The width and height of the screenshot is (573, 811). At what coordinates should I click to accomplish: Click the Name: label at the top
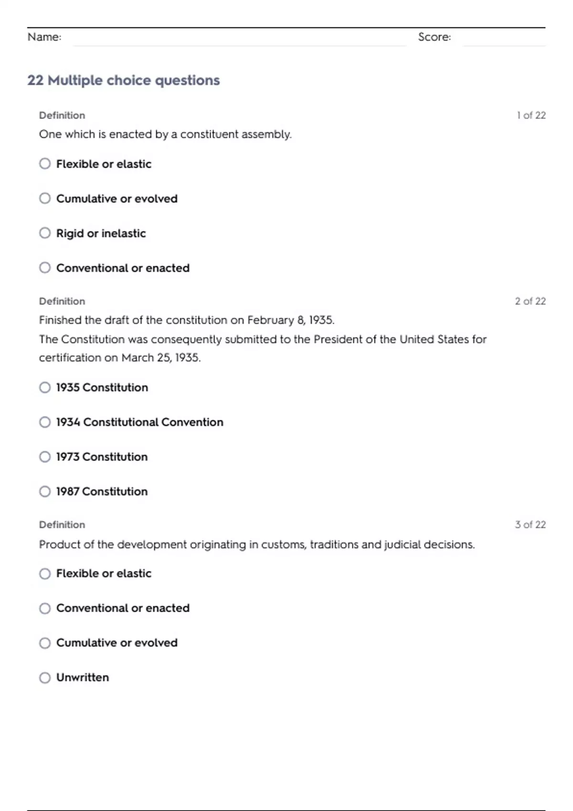[44, 37]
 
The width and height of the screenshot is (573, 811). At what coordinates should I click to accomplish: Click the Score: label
[434, 37]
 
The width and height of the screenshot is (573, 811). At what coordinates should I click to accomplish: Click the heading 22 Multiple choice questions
[124, 80]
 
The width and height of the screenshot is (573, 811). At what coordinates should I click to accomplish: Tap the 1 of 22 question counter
[531, 115]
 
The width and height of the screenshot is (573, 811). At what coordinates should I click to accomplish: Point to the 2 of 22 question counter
[530, 302]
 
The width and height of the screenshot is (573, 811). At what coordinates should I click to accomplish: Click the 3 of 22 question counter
[530, 525]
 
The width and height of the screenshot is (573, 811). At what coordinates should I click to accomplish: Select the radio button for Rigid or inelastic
[45, 233]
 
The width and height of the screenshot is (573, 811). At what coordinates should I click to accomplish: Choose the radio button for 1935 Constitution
[45, 387]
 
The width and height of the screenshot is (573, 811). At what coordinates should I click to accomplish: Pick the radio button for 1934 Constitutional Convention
[45, 422]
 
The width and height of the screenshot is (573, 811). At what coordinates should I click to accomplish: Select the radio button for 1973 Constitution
[45, 457]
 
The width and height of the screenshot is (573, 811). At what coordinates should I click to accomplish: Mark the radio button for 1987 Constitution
[45, 491]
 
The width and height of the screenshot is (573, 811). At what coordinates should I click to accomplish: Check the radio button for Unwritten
[45, 677]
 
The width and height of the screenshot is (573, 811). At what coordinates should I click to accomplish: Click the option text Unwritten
[83, 677]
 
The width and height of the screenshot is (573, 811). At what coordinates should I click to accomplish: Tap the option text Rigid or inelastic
[101, 233]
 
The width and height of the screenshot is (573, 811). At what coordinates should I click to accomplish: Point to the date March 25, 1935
[161, 358]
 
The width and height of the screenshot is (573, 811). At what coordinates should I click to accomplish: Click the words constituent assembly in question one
[235, 135]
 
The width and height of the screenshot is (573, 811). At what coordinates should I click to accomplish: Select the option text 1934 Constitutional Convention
[139, 422]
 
